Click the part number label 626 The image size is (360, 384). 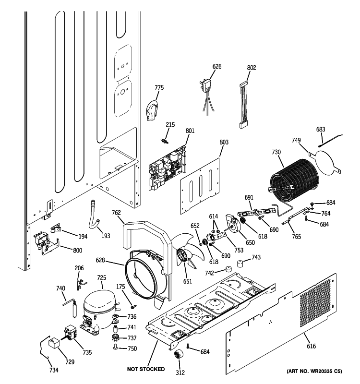[217, 67]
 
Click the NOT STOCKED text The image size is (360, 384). [145, 369]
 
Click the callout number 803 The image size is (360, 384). [224, 143]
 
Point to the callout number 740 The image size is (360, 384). [60, 288]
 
